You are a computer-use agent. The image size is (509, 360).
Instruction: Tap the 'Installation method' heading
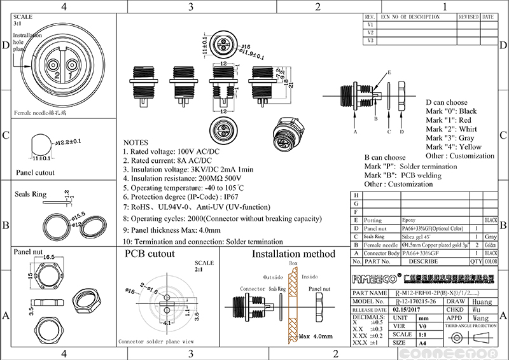294,254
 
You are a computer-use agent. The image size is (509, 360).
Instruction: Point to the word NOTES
136,142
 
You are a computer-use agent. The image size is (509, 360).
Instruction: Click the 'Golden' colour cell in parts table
491,244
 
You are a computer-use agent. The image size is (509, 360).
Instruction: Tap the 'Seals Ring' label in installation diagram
276,289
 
